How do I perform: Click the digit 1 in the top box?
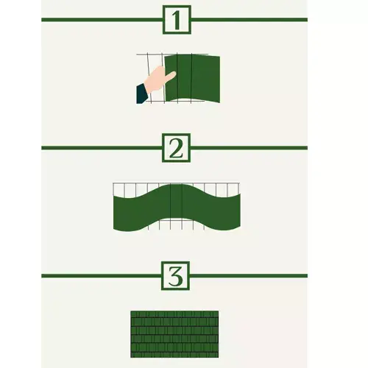tap(174, 20)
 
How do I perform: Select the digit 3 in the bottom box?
tap(174, 277)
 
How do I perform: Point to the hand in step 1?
tap(156, 83)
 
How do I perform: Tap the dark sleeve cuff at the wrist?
tap(141, 93)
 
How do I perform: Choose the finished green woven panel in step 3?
tap(174, 331)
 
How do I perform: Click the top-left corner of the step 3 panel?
tap(132, 312)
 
